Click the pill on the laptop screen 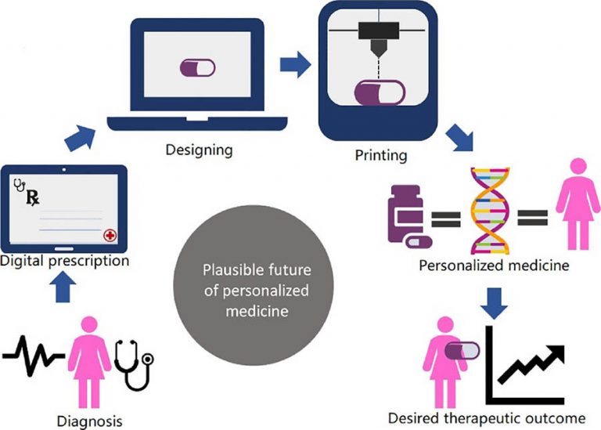[x=197, y=68]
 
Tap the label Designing [x=198, y=148]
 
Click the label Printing [x=380, y=155]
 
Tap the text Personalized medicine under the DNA [x=493, y=266]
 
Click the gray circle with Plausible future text [x=256, y=291]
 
